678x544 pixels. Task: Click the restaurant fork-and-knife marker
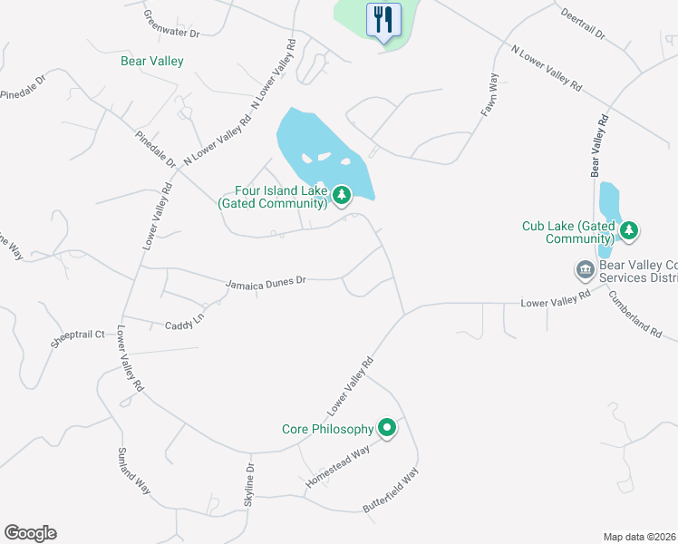(383, 19)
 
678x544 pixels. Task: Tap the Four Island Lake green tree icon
(342, 195)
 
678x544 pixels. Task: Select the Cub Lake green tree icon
(627, 231)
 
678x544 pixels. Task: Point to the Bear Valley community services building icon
(585, 269)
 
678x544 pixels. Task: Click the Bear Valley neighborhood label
(152, 62)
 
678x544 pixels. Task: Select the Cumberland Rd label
(634, 314)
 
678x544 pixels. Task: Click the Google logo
(31, 533)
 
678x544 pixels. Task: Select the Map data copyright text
(640, 537)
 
